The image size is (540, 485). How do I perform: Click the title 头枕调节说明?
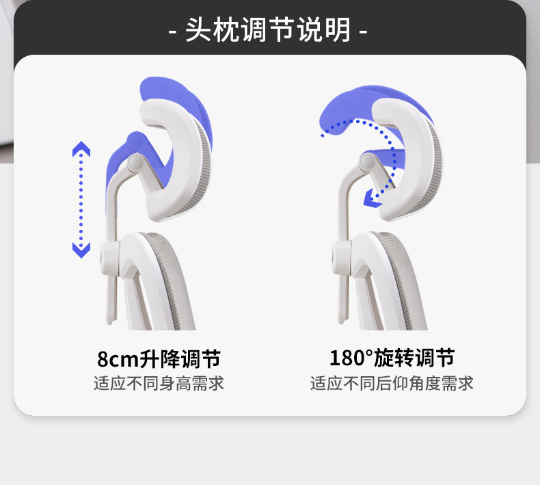tap(268, 30)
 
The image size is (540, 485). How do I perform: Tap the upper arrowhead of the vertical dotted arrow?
tap(81, 150)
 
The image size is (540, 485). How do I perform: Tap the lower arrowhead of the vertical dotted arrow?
tap(81, 250)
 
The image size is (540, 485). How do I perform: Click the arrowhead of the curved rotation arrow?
tap(372, 199)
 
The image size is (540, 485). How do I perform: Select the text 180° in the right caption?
tap(351, 358)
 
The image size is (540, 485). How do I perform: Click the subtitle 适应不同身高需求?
tap(159, 383)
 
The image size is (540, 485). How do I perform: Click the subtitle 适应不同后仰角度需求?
tap(391, 383)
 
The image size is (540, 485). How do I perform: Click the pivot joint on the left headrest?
tap(135, 163)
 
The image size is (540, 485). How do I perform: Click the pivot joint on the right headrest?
tap(368, 162)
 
